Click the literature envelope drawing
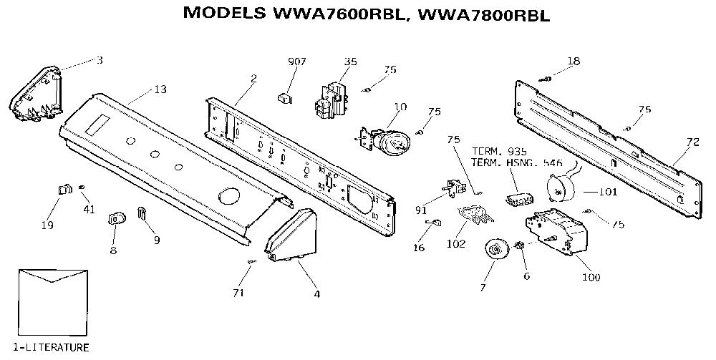click(53, 303)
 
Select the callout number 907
click(297, 62)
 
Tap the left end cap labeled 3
click(36, 94)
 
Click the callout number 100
click(591, 276)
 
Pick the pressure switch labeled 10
click(384, 140)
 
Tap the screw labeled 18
click(546, 79)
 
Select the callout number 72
click(692, 142)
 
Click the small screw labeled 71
click(251, 261)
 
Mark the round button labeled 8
click(116, 218)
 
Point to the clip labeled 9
click(142, 213)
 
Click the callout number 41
click(89, 210)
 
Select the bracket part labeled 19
click(65, 189)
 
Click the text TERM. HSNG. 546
click(516, 162)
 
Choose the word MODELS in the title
click(224, 13)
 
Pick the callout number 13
click(160, 89)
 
